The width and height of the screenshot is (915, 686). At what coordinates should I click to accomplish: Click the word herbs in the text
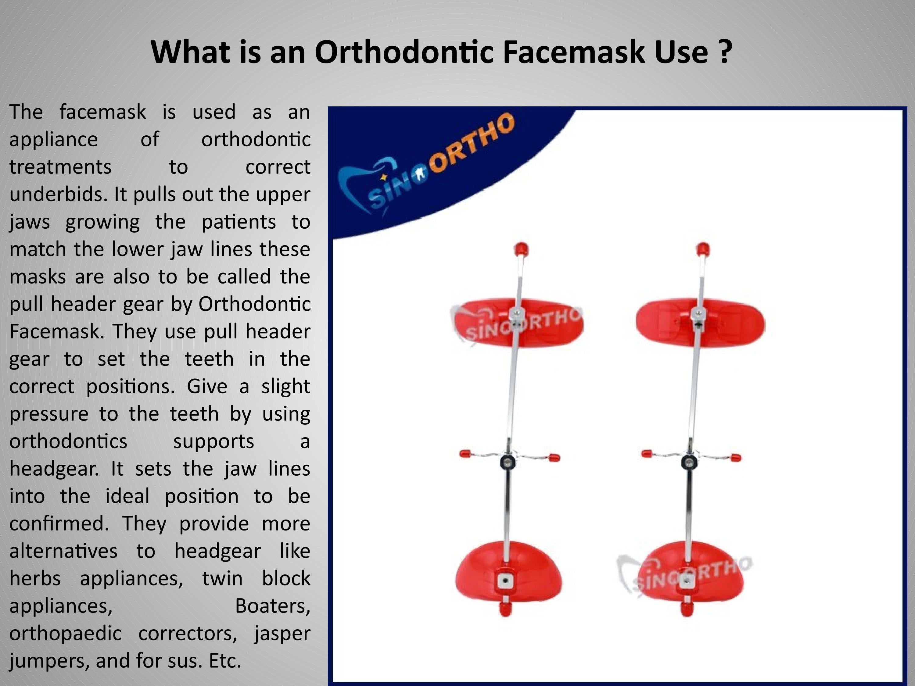pyautogui.click(x=35, y=578)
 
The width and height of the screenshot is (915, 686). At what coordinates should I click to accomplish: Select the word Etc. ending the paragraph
pyautogui.click(x=224, y=661)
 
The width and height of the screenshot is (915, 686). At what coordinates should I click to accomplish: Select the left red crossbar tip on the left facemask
pyautogui.click(x=465, y=454)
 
